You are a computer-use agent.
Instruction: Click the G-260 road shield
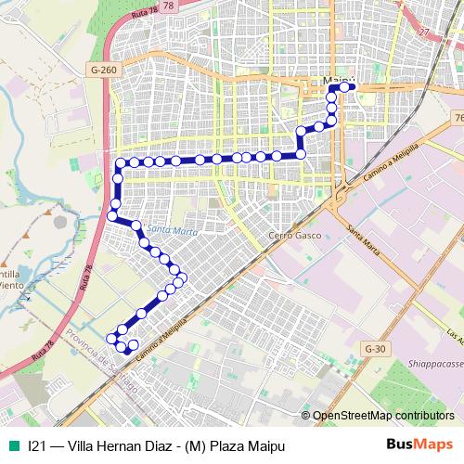[x=104, y=69]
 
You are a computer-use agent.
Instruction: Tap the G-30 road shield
[x=375, y=347]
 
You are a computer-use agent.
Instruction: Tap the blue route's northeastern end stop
[x=353, y=87]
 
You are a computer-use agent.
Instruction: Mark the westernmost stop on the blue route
[x=111, y=217]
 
